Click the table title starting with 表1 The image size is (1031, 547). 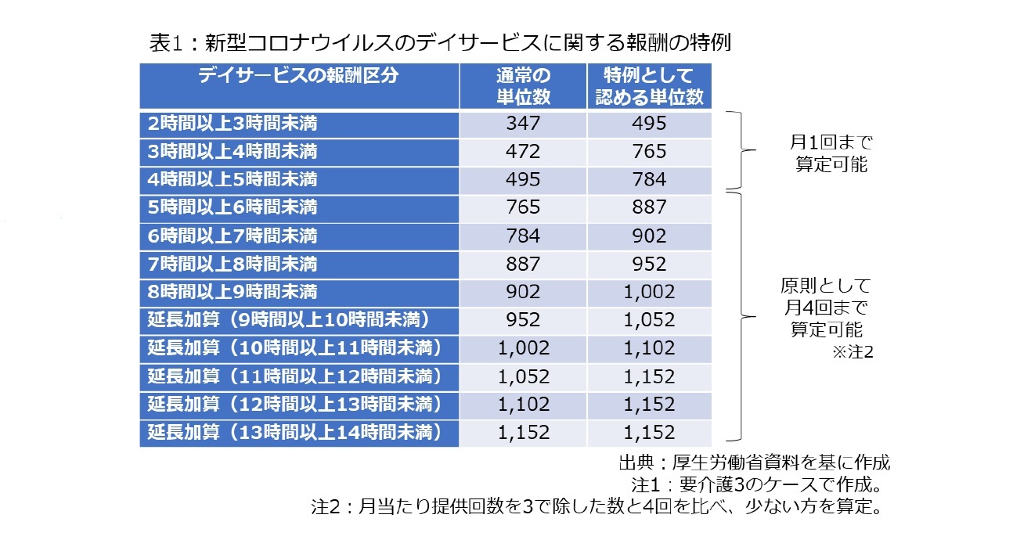point(439,42)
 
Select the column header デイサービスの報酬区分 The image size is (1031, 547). point(298,76)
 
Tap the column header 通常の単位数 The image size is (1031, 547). point(523,86)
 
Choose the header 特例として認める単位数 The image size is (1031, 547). point(649,86)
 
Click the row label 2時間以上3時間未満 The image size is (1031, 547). point(233,123)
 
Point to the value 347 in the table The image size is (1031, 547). point(523,123)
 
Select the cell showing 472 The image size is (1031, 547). point(523,151)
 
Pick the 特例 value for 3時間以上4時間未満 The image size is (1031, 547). point(649,151)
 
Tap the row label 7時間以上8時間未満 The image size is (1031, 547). point(233,264)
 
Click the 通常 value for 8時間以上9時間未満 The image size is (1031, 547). point(523,292)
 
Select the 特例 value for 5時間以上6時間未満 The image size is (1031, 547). point(649,207)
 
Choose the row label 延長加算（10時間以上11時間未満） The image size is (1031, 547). point(295,347)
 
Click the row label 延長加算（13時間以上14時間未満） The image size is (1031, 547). point(295,432)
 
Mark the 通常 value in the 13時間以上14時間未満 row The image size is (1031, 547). point(523,432)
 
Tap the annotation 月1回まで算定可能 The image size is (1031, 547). point(829,154)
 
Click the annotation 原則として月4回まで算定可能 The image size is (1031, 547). point(829,307)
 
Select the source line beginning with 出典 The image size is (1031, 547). point(753,462)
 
